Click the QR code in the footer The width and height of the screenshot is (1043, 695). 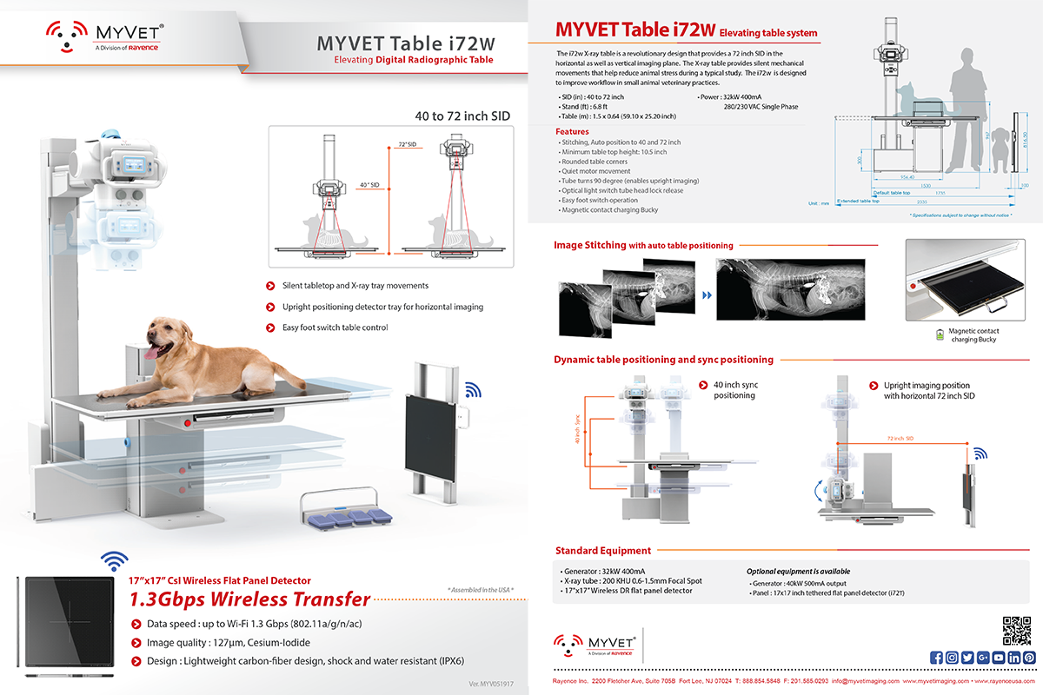point(1014,629)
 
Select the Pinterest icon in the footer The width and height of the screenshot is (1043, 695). point(1029,657)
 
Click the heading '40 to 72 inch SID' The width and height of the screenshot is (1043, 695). point(461,116)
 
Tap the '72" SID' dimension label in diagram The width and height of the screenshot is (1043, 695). point(408,144)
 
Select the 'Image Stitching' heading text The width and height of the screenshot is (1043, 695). point(590,245)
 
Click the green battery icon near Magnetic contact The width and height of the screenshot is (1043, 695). point(939,334)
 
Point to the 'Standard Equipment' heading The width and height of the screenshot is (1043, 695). point(602,550)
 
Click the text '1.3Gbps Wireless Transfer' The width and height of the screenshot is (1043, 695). point(249,599)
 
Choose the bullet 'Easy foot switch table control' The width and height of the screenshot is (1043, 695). point(335,328)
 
